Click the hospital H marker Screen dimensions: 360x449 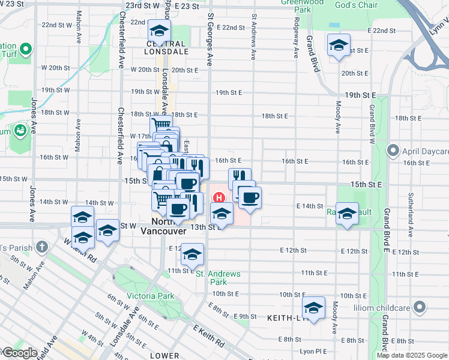(x=219, y=197)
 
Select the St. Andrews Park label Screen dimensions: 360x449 (x=218, y=278)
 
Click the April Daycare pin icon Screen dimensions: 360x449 (x=393, y=149)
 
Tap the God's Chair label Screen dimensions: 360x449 (x=356, y=5)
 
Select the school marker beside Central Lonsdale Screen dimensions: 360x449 (x=159, y=31)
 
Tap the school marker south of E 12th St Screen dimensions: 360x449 (x=193, y=254)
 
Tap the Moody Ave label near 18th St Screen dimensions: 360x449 (x=338, y=117)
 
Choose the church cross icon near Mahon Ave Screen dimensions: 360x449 (x=41, y=246)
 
